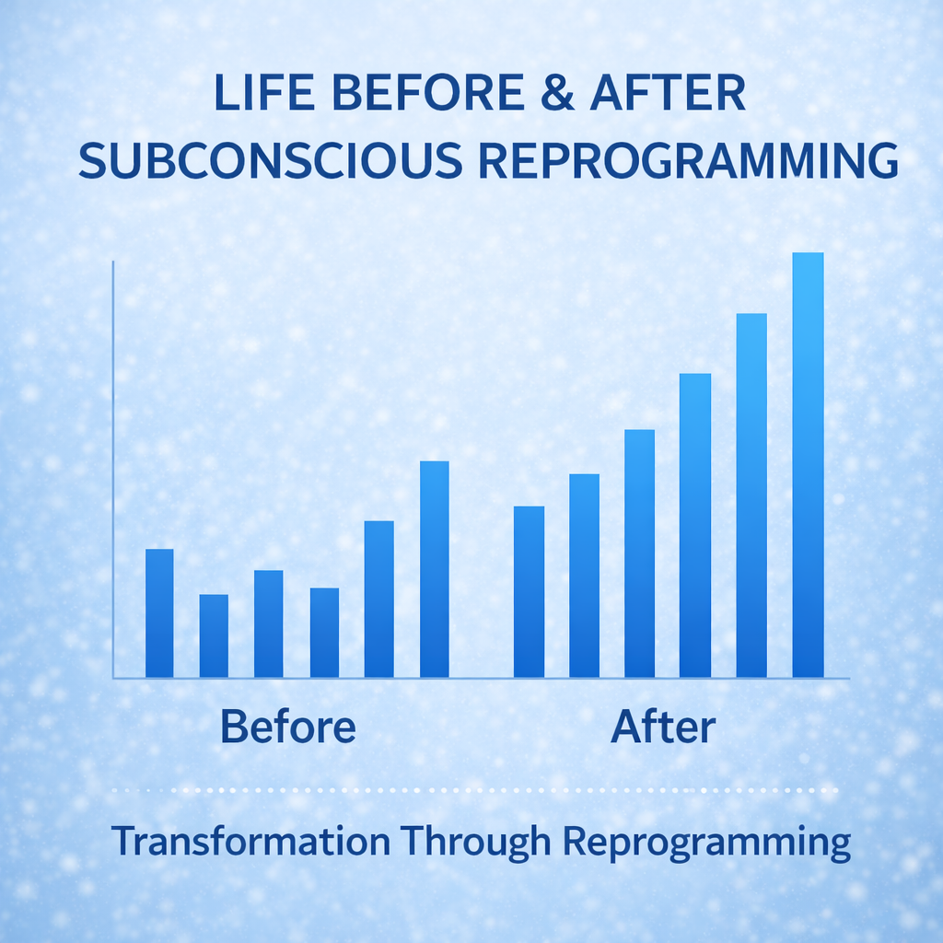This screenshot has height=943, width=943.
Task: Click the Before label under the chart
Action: coord(288,728)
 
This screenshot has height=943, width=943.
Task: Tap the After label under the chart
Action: coord(662,728)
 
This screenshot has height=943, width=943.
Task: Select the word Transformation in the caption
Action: coord(250,843)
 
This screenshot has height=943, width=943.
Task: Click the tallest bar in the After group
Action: coord(808,465)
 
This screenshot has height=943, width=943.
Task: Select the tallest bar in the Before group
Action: coord(434,569)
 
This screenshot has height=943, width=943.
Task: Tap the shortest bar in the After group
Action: coord(529,592)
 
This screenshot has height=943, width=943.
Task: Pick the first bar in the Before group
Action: coord(159,613)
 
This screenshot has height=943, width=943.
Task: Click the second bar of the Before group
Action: coord(214,635)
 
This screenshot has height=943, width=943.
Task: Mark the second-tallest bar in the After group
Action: coord(751,495)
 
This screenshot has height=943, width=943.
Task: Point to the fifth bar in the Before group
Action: coord(378,599)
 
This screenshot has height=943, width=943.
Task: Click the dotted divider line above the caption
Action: coord(473,790)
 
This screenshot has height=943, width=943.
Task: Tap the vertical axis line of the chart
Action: coord(113,470)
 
